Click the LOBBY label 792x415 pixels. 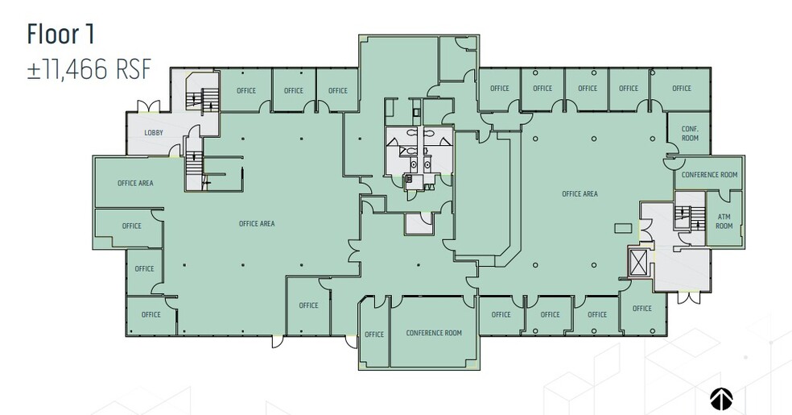coord(154,132)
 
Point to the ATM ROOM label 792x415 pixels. coord(724,222)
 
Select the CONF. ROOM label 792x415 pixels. coord(690,133)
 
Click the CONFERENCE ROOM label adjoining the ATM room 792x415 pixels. coord(709,175)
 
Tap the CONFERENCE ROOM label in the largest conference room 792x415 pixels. coord(434,333)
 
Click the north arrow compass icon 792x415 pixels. coord(720,398)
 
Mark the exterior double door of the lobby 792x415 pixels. coord(148,106)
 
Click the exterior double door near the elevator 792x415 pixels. coord(688,297)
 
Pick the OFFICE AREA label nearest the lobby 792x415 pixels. coord(135,183)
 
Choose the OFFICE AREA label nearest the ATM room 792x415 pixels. coord(580,193)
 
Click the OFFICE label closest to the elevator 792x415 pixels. coord(641,309)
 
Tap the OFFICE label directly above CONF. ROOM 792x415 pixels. coord(682,89)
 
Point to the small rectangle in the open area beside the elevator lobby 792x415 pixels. coord(623,228)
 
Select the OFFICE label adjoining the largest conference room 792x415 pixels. coord(373,334)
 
